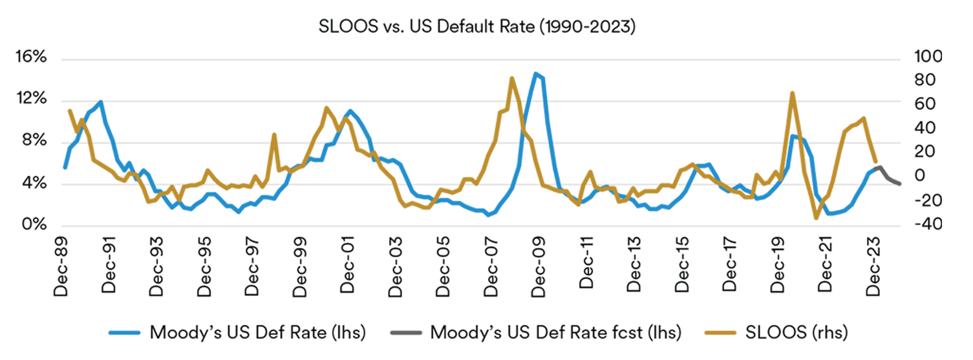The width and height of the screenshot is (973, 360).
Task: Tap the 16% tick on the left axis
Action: click(x=30, y=58)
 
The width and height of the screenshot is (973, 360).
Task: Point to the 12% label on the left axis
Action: click(x=30, y=100)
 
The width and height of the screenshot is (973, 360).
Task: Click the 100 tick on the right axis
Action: click(x=927, y=58)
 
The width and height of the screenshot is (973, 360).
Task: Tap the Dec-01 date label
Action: click(x=350, y=271)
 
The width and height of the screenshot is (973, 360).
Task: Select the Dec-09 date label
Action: click(x=541, y=271)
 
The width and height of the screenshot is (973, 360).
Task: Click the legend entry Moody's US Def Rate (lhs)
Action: click(x=257, y=333)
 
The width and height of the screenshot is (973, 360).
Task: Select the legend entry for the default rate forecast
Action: click(x=555, y=333)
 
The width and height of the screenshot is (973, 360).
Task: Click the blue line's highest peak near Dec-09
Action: click(x=535, y=74)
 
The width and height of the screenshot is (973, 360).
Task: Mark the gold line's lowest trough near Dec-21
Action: click(x=816, y=218)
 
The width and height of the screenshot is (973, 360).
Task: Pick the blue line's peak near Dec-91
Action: click(x=101, y=101)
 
